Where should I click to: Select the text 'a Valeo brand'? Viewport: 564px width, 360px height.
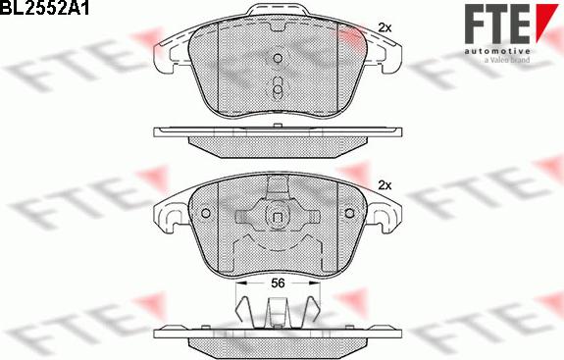click(506, 60)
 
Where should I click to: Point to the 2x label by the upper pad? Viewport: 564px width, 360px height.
click(385, 28)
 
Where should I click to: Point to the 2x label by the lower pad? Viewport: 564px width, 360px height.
click(385, 185)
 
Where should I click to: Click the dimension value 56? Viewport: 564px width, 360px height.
click(279, 283)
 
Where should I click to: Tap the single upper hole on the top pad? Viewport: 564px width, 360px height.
click(279, 58)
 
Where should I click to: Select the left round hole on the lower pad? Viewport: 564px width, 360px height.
click(206, 214)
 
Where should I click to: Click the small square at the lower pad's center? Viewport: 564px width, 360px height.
click(279, 218)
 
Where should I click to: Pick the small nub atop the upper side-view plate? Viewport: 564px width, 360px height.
click(279, 125)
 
